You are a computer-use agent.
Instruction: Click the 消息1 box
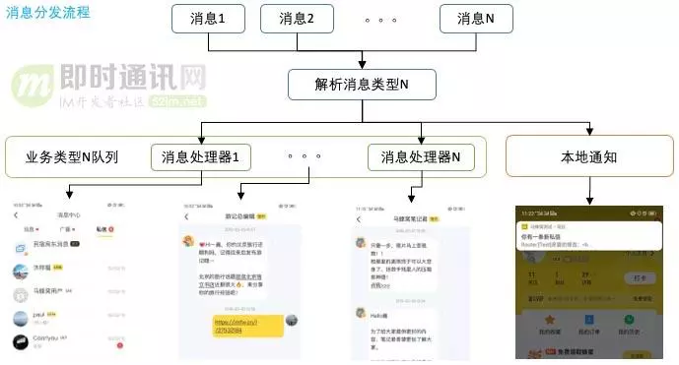[208, 19]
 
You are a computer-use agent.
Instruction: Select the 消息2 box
[297, 19]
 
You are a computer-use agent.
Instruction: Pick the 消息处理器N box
[426, 156]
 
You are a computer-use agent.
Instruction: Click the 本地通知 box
[589, 156]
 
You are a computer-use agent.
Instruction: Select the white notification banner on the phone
[589, 233]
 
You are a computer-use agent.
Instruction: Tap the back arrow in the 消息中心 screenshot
[15, 214]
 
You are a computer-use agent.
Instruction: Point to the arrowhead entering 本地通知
[589, 131]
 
